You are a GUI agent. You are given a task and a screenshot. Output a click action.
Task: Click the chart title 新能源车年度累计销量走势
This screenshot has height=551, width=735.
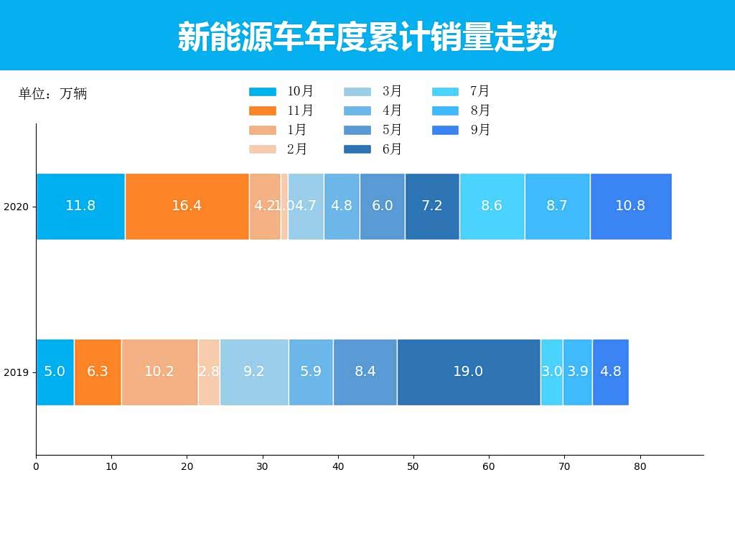coord(367,37)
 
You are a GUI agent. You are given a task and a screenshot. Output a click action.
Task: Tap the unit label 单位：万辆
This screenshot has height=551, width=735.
coord(52,94)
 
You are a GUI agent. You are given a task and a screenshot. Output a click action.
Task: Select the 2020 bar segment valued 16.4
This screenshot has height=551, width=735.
coord(187,206)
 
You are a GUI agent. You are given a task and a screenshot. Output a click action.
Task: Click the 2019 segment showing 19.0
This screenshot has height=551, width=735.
coord(468,372)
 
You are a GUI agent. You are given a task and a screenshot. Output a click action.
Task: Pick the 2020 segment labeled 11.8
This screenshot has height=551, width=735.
coord(80,206)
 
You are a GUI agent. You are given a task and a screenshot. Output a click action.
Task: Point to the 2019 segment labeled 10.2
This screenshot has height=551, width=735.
coord(159,372)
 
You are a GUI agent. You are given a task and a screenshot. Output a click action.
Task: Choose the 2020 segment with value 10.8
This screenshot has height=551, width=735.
coord(630,206)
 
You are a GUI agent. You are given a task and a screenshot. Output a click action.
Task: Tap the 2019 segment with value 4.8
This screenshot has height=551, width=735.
coord(610,372)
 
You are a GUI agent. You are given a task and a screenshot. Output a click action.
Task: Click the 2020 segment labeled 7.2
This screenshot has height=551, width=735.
coord(432,206)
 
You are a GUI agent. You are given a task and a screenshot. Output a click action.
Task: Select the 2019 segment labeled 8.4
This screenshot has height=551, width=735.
coord(365,372)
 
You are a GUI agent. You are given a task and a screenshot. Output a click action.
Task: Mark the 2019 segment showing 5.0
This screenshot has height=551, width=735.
coord(55,372)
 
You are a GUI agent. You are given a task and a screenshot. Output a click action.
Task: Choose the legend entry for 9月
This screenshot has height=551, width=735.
coord(462,130)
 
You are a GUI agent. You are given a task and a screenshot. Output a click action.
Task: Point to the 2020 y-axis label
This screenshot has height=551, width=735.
coord(16,207)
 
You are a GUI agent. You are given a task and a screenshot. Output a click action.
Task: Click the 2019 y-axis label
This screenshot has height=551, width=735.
coord(16,373)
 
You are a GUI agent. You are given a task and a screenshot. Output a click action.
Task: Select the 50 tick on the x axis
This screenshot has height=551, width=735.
coord(413,466)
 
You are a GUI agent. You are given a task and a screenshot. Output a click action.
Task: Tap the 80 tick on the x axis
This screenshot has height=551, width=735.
coord(640,466)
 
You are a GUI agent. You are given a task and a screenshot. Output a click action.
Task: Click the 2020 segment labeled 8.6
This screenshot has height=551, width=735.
coord(492,206)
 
